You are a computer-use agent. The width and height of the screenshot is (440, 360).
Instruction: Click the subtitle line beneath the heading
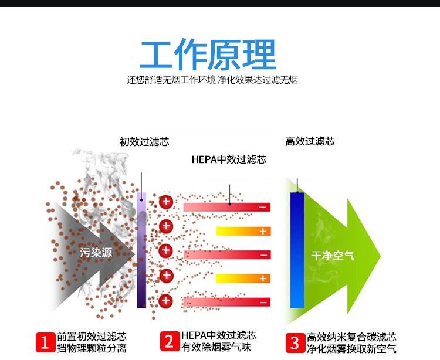pyautogui.click(x=212, y=80)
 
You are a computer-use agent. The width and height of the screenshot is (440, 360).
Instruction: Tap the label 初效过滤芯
pyautogui.click(x=144, y=142)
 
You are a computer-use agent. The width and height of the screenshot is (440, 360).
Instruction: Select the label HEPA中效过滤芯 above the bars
pyautogui.click(x=229, y=159)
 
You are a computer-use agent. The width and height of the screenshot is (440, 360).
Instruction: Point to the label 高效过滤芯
pyautogui.click(x=310, y=141)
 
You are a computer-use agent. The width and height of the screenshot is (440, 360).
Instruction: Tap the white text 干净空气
pyautogui.click(x=333, y=256)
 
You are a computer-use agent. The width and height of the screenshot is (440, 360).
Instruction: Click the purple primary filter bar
pyautogui.click(x=141, y=249)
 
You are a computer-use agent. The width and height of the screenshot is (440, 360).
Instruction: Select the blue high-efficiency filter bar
pyautogui.click(x=298, y=249)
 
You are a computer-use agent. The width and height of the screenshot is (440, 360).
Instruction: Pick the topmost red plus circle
pyautogui.click(x=166, y=202)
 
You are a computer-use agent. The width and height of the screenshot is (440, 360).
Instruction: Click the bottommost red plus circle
pyautogui.click(x=166, y=301)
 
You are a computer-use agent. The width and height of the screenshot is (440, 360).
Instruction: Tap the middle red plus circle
pyautogui.click(x=166, y=250)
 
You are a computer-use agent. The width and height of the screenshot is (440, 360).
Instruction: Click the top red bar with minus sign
pyautogui.click(x=226, y=207)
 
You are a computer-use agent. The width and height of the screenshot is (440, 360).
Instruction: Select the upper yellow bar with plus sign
pyautogui.click(x=243, y=231)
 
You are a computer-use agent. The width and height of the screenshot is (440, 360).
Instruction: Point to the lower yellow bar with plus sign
pyautogui.click(x=243, y=278)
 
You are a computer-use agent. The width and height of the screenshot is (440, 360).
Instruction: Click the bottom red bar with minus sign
pyautogui.click(x=226, y=302)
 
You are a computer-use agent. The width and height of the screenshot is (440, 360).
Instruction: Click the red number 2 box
pyautogui.click(x=169, y=341)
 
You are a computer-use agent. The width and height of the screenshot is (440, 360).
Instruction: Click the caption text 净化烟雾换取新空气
pyautogui.click(x=351, y=349)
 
